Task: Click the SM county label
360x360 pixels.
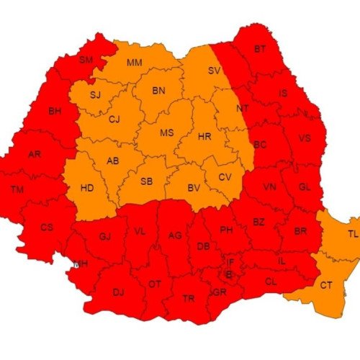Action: click(x=86, y=60)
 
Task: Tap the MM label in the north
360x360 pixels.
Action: click(x=135, y=63)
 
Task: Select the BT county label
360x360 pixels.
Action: click(x=260, y=49)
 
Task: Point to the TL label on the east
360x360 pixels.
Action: click(x=352, y=234)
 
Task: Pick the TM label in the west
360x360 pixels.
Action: click(x=17, y=190)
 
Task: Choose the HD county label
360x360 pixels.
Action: click(x=87, y=189)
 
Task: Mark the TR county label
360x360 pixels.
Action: click(x=188, y=298)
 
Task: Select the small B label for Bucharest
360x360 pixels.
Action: click(x=229, y=274)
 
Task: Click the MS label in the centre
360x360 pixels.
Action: click(x=166, y=133)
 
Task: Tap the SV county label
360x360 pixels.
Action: click(x=214, y=71)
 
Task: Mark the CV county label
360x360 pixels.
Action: click(x=225, y=177)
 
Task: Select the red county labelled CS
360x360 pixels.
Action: click(x=47, y=228)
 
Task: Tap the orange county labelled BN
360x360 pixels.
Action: click(x=159, y=91)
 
